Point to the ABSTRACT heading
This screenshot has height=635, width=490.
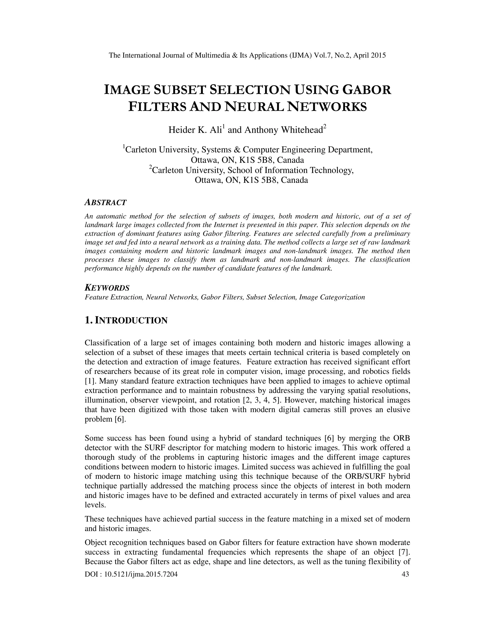coord(105,202)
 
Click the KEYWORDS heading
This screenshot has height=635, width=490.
coord(107,288)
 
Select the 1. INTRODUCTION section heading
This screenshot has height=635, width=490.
coord(126,320)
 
